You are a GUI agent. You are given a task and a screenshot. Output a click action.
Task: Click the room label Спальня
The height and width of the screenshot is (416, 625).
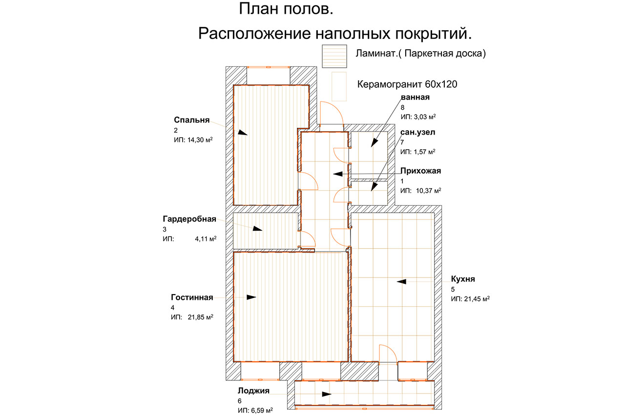[191, 120]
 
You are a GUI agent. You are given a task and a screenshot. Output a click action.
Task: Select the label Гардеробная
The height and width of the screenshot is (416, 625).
[189, 219]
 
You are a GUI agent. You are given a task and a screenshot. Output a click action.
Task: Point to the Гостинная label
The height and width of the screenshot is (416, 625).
[192, 297]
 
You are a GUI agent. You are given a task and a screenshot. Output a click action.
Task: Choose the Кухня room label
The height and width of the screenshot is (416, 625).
[463, 279]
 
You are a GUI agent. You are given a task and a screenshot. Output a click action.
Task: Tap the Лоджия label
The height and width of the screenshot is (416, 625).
[253, 390]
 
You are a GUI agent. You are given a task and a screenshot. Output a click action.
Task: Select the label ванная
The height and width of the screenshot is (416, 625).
[415, 97]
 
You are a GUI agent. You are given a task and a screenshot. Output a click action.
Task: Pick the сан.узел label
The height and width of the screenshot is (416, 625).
[417, 132]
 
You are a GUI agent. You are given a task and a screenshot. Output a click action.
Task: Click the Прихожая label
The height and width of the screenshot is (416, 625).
[420, 171]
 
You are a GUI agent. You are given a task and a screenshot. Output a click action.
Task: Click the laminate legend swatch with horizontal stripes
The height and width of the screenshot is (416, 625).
[334, 56]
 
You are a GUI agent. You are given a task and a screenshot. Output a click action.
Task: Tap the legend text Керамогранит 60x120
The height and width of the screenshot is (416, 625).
[407, 84]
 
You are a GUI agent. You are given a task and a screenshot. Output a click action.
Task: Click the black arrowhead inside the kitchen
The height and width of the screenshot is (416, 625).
[402, 281]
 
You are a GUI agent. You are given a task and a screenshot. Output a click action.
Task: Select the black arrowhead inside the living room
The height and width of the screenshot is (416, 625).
[251, 297]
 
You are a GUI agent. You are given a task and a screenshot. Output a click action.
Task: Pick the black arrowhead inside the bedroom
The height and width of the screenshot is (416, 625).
[243, 132]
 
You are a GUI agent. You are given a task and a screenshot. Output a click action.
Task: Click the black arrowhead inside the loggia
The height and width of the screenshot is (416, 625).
[326, 394]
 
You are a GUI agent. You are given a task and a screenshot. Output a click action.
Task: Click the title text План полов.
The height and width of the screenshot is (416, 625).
[287, 9]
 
